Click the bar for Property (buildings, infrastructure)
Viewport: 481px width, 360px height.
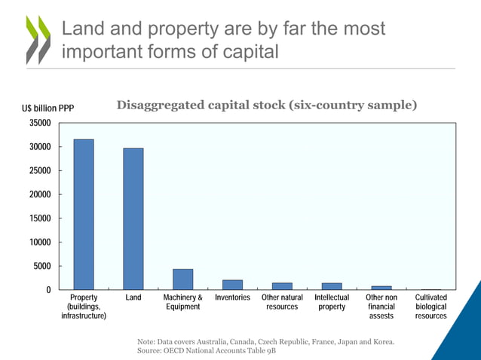coord(84,215)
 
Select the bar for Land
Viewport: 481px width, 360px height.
coord(133,219)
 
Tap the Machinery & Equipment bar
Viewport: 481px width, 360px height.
coord(182,279)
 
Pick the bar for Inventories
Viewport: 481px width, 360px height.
coord(232,285)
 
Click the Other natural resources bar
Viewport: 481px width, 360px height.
coord(282,286)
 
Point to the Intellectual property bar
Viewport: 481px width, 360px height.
coord(332,286)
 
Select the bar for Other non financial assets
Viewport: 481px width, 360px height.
coord(381,288)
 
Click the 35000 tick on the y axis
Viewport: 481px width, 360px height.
coord(40,123)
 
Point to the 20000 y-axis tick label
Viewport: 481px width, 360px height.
coord(40,194)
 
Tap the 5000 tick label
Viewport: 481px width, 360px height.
coord(42,266)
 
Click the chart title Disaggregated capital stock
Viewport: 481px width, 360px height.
coord(267,105)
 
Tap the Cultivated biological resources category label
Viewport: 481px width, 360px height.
coord(431,307)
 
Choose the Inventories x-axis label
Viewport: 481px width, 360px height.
coord(232,298)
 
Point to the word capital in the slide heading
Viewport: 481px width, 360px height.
coord(244,53)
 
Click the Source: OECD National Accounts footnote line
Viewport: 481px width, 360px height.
coord(201,352)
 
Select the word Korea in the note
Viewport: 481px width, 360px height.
coord(381,343)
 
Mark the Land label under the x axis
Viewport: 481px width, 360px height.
coord(133,298)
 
